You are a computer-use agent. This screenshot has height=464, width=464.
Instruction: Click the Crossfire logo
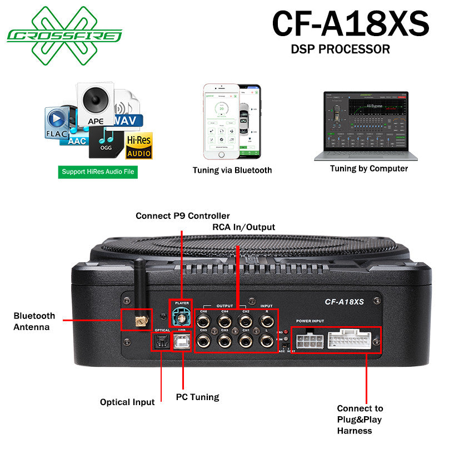pos(64,34)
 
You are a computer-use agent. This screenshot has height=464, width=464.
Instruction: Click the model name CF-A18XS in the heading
pos(350,23)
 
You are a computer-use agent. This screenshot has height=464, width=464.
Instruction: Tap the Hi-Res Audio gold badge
pos(139,146)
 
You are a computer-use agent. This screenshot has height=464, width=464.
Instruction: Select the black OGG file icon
pos(106,142)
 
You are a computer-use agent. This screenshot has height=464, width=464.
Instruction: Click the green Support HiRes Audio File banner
pos(98,172)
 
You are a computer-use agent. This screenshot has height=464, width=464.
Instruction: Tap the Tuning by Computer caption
pos(368,168)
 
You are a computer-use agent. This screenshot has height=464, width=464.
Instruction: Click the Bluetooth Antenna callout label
pos(34,321)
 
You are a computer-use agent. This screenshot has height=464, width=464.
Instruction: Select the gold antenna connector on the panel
pos(136,320)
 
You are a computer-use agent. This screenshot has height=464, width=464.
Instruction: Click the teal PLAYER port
pos(180,318)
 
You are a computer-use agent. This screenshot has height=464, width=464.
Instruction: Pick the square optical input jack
pos(162,341)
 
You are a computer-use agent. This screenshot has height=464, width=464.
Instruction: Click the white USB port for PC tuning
pos(181,341)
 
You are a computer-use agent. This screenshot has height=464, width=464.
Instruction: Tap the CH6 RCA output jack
pos(204,320)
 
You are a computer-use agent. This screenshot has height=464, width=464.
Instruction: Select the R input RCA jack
pos(266,320)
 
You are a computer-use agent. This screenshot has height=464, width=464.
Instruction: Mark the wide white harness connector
pos(350,340)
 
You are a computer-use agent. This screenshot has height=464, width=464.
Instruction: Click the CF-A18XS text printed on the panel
pos(344,302)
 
